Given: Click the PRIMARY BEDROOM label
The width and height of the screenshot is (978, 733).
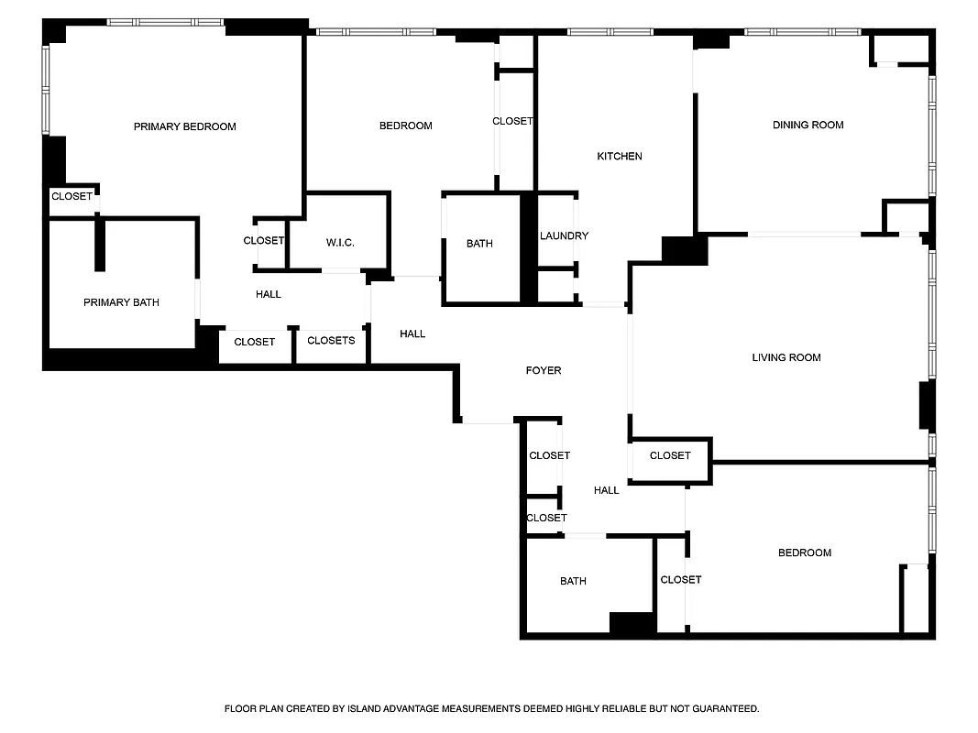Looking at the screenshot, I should click(184, 126).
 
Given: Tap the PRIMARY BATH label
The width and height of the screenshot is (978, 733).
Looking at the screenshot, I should click(121, 302).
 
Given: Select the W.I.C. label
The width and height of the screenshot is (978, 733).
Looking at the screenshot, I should click(340, 243).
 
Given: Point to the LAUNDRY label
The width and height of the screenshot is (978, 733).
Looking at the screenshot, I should click(564, 235).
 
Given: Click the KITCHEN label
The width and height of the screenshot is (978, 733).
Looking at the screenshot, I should click(620, 157).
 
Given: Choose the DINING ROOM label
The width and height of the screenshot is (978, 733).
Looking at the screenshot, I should click(808, 125).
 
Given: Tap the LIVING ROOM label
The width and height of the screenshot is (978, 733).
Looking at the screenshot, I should click(786, 357).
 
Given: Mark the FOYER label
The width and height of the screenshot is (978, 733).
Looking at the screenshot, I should click(543, 370).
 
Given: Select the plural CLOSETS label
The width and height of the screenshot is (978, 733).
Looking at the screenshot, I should click(331, 341).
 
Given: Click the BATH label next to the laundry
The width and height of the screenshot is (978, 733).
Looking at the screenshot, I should click(479, 244).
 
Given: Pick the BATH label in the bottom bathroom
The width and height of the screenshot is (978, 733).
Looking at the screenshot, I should click(573, 581).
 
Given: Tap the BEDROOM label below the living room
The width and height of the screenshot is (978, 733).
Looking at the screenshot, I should click(804, 552).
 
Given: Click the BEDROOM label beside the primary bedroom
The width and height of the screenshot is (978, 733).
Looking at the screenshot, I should click(405, 126).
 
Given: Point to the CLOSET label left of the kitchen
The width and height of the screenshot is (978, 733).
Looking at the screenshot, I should click(512, 121).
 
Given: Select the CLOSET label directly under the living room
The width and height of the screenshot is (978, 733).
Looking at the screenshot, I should click(670, 455).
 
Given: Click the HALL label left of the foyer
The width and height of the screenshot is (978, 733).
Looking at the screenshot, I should click(412, 334).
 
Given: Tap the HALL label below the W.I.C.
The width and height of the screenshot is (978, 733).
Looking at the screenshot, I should click(269, 294).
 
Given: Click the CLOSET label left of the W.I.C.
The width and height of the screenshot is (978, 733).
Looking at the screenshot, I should click(264, 241).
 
